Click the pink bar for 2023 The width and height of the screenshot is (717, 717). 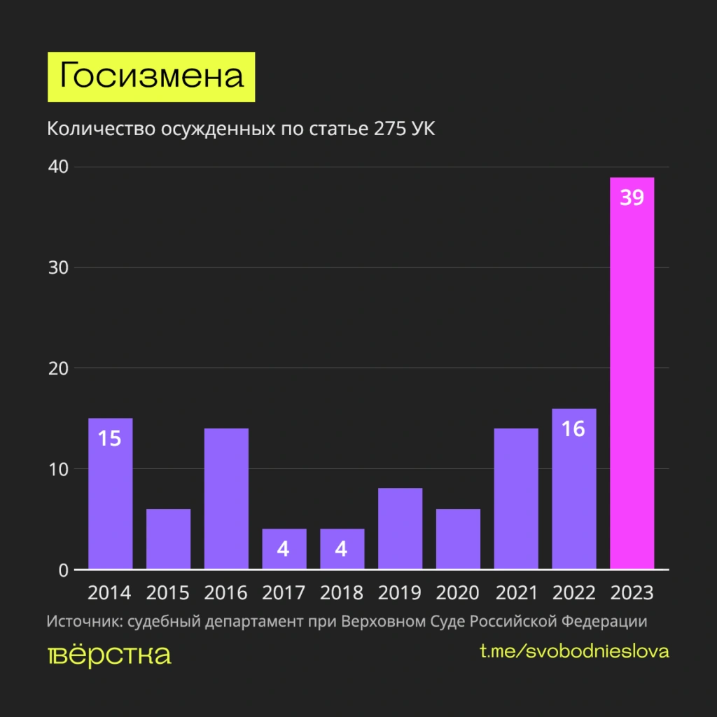coord(632,378)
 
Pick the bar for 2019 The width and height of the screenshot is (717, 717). coord(400,529)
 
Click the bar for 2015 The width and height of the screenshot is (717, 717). coord(168,539)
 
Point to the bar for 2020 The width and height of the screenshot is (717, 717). coord(458,539)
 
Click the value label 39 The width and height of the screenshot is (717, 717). coord(632,198)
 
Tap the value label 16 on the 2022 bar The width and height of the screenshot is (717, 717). coord(573,429)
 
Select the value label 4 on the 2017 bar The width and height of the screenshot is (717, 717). coord(284,548)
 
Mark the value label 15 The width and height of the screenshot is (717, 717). coord(110,439)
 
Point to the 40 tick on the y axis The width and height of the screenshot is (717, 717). coord(58,167)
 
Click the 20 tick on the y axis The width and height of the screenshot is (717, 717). coord(58,368)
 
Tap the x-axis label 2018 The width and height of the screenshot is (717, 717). coord(342,593)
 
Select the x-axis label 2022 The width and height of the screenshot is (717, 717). coord(573,593)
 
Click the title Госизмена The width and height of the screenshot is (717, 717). coord(151,76)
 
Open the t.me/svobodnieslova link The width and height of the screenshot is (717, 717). coord(574,651)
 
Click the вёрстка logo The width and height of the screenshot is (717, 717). coord(109,655)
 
